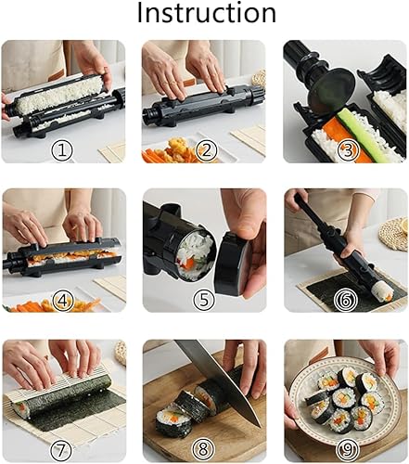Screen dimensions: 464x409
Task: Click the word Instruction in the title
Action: click(x=206, y=14)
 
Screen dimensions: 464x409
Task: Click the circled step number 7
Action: click(x=62, y=447)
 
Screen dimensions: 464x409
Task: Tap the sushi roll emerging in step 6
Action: click(x=380, y=290)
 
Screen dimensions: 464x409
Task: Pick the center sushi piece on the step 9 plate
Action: click(x=344, y=397)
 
